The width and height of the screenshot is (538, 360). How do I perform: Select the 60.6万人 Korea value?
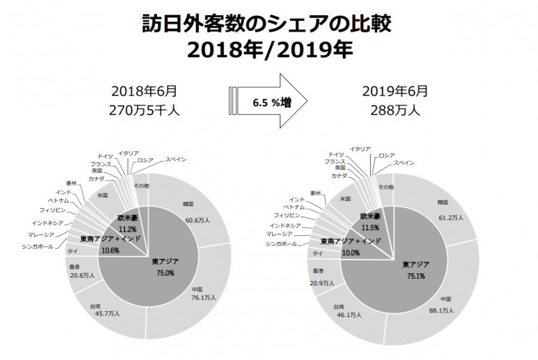point(197,220)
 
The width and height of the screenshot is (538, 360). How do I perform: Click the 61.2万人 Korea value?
point(451,216)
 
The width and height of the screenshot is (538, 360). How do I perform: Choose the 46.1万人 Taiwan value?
point(351,314)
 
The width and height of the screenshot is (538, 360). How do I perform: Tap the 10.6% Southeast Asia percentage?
point(110,250)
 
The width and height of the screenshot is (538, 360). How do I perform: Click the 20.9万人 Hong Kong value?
point(323,283)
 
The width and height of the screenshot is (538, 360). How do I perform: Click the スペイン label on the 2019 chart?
point(405,163)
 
